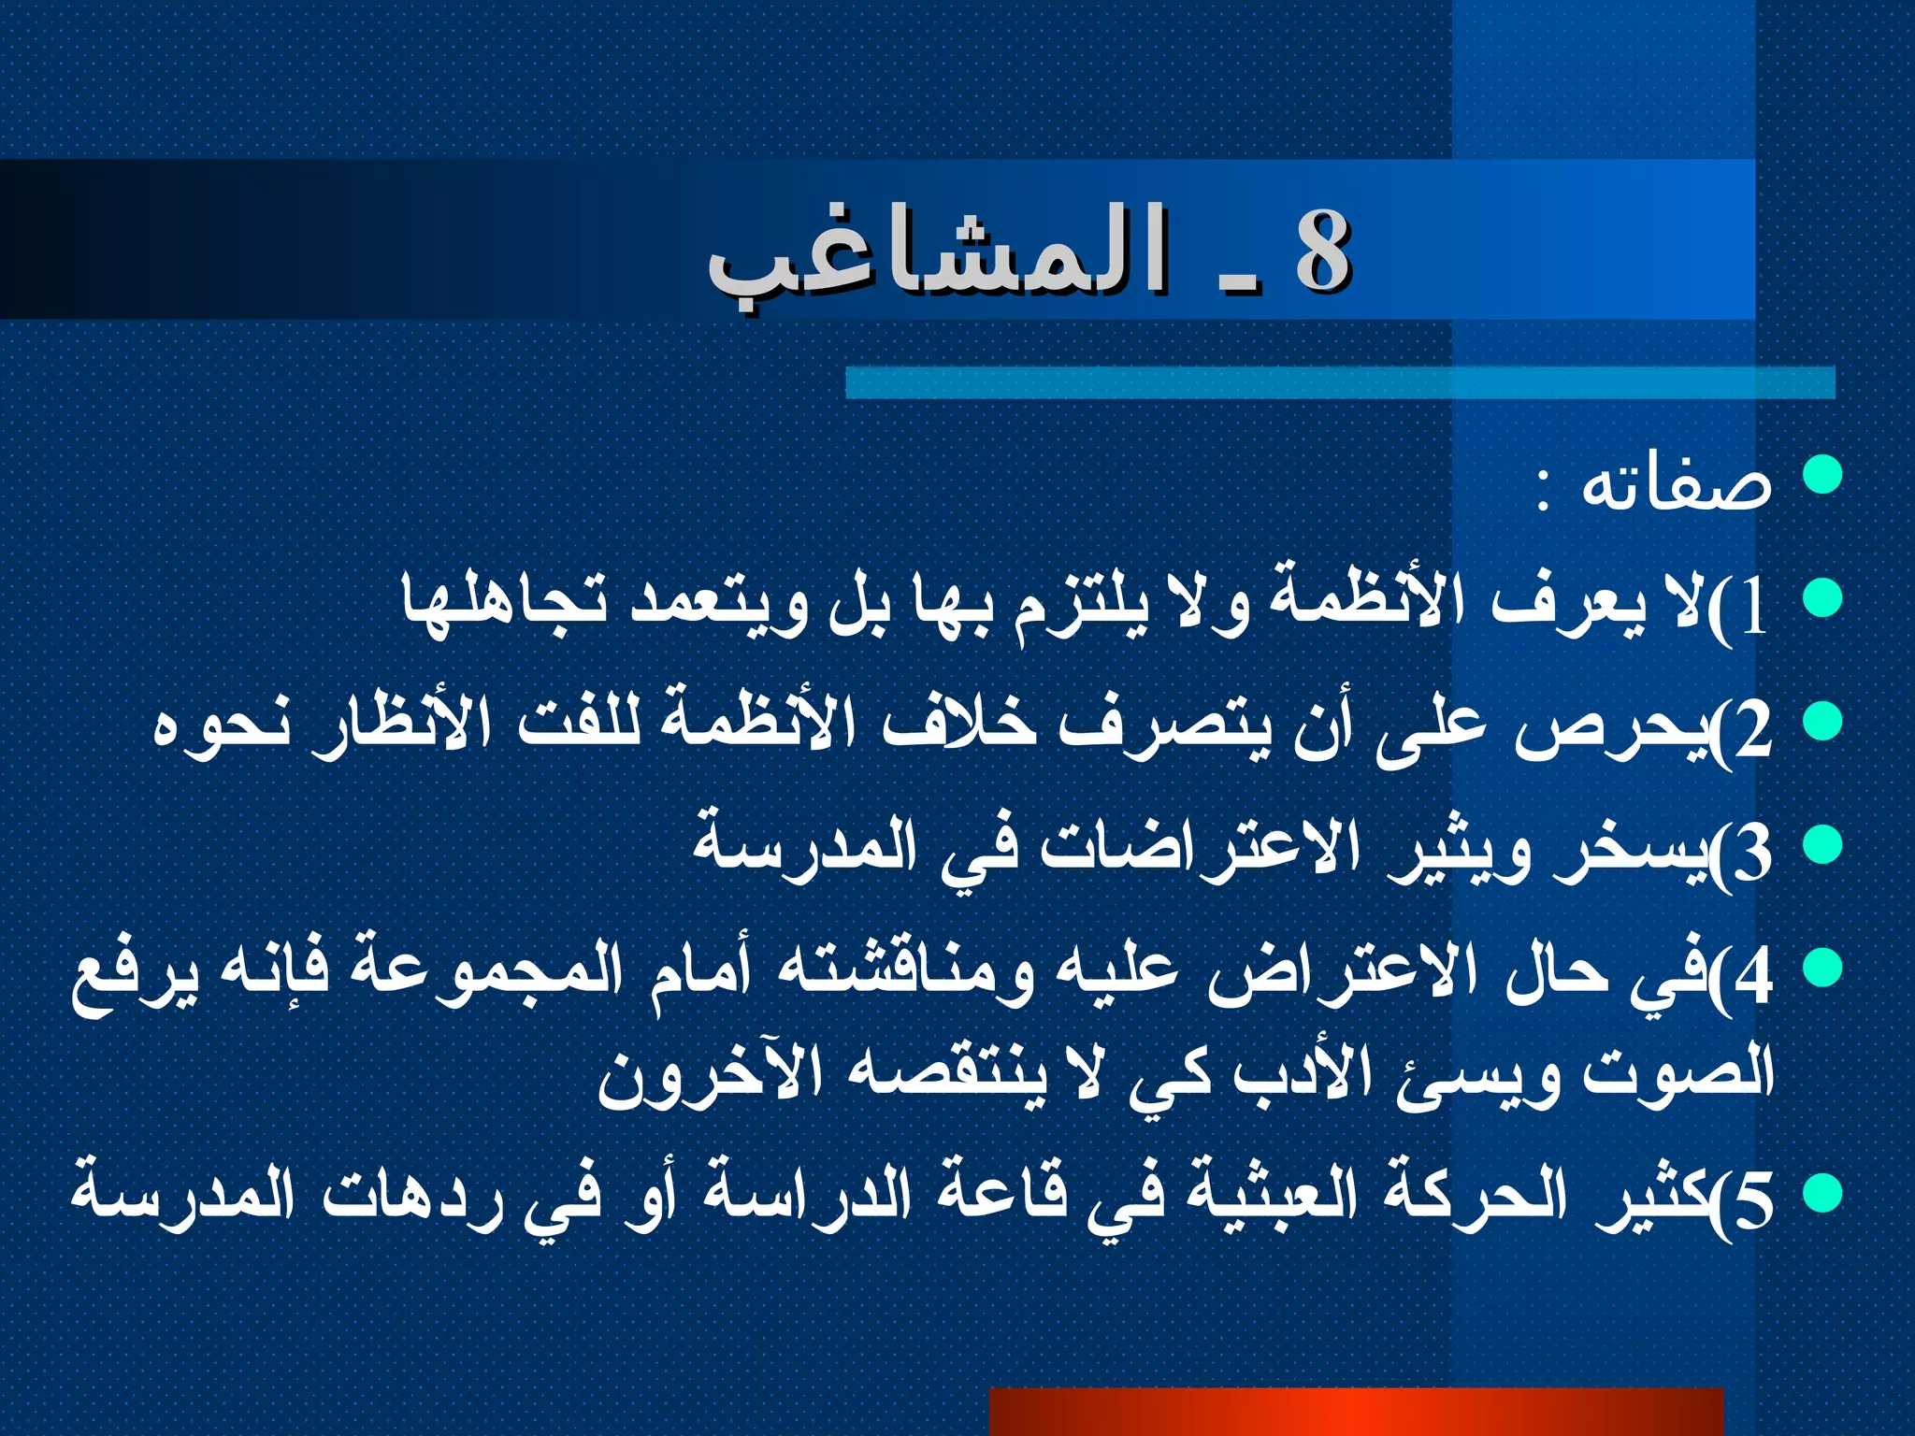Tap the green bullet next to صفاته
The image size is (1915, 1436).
(1821, 475)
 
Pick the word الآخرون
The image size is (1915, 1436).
(711, 1075)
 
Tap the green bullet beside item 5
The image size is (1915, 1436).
(1821, 1193)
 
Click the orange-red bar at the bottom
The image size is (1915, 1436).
(1356, 1412)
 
